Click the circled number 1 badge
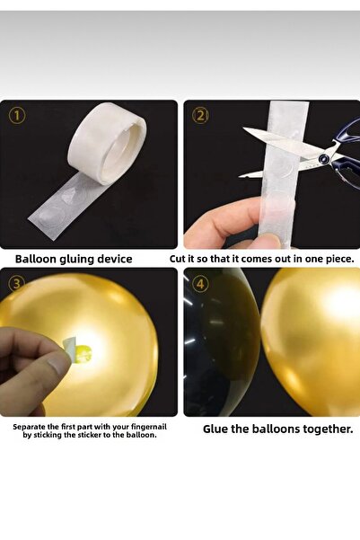[x=17, y=116]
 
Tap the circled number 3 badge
[x=17, y=284]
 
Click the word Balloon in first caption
[x=40, y=259]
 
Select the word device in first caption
[x=112, y=259]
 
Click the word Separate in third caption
[x=31, y=427]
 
